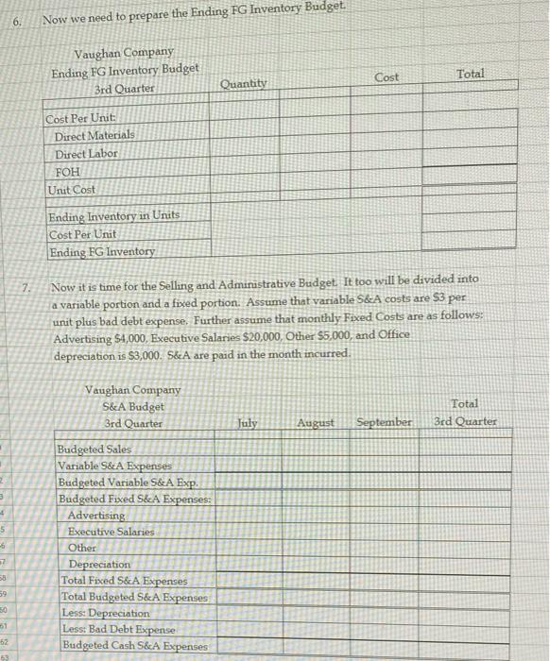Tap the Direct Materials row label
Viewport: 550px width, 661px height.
[x=95, y=137]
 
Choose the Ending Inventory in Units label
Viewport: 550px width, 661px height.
[x=114, y=216]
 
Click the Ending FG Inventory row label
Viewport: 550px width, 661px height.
[x=102, y=251]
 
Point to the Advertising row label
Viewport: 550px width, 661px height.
[x=96, y=515]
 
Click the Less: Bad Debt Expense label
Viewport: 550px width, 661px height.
[x=118, y=629]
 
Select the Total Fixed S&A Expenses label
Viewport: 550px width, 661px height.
[x=124, y=580]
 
